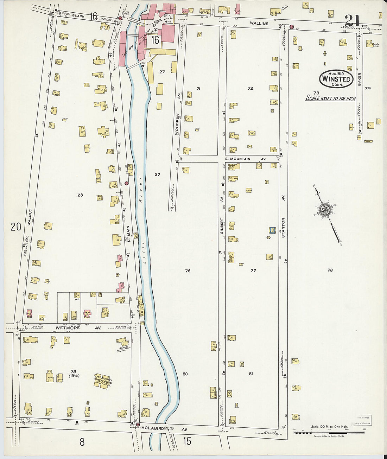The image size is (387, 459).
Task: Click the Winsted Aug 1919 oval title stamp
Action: click(x=336, y=79)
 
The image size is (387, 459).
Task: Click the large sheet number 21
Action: click(x=352, y=20)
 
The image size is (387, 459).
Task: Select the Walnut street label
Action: click(x=30, y=217)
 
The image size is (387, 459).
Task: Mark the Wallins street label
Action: click(x=259, y=24)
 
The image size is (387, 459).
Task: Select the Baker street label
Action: click(x=359, y=79)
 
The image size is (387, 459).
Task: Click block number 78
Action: click(x=330, y=270)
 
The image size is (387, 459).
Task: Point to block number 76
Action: click(x=188, y=271)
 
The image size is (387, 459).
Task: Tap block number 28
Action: click(x=80, y=195)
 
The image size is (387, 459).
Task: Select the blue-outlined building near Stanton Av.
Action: click(x=271, y=230)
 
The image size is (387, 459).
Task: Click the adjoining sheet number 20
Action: click(x=16, y=227)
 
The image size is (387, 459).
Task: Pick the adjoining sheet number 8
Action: click(x=82, y=442)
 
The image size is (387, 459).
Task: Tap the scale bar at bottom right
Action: click(x=329, y=432)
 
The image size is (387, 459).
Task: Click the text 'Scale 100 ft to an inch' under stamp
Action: click(x=330, y=98)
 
